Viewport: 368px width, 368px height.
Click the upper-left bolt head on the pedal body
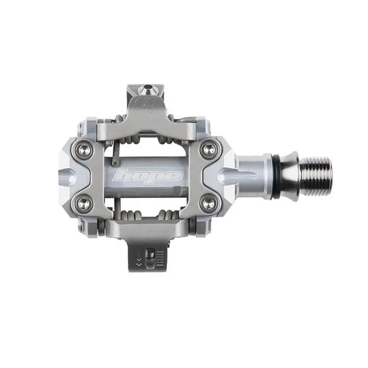point(84,150)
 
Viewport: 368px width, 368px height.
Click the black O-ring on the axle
point(273,176)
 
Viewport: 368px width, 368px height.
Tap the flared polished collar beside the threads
point(288,176)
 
